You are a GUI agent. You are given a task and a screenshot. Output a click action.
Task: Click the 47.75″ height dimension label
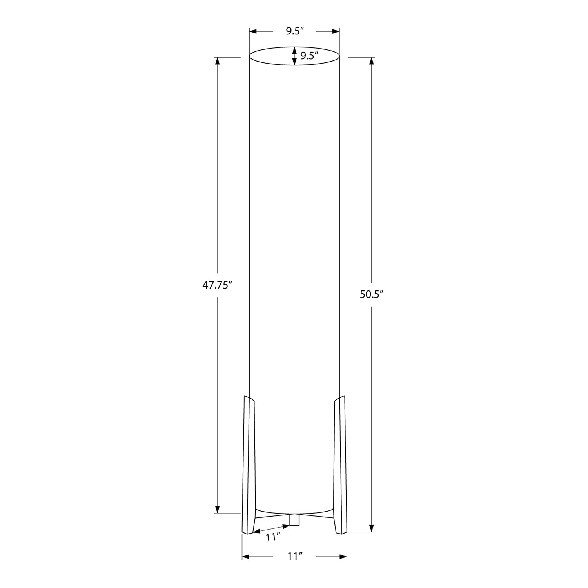(x=218, y=285)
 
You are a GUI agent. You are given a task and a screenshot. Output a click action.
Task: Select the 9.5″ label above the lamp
(x=295, y=31)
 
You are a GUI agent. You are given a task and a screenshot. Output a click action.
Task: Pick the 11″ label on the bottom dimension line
(x=295, y=556)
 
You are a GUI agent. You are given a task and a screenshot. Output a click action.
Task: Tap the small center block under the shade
(x=294, y=519)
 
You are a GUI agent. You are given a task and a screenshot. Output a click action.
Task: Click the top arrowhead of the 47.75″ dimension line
(x=217, y=61)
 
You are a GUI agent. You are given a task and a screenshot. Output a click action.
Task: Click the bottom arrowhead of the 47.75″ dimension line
(x=217, y=509)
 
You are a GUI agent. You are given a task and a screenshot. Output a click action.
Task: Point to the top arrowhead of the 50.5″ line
(x=372, y=61)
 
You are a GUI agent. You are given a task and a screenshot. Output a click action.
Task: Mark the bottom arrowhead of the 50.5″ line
(x=372, y=528)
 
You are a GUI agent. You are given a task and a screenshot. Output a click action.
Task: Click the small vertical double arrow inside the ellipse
(x=294, y=56)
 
